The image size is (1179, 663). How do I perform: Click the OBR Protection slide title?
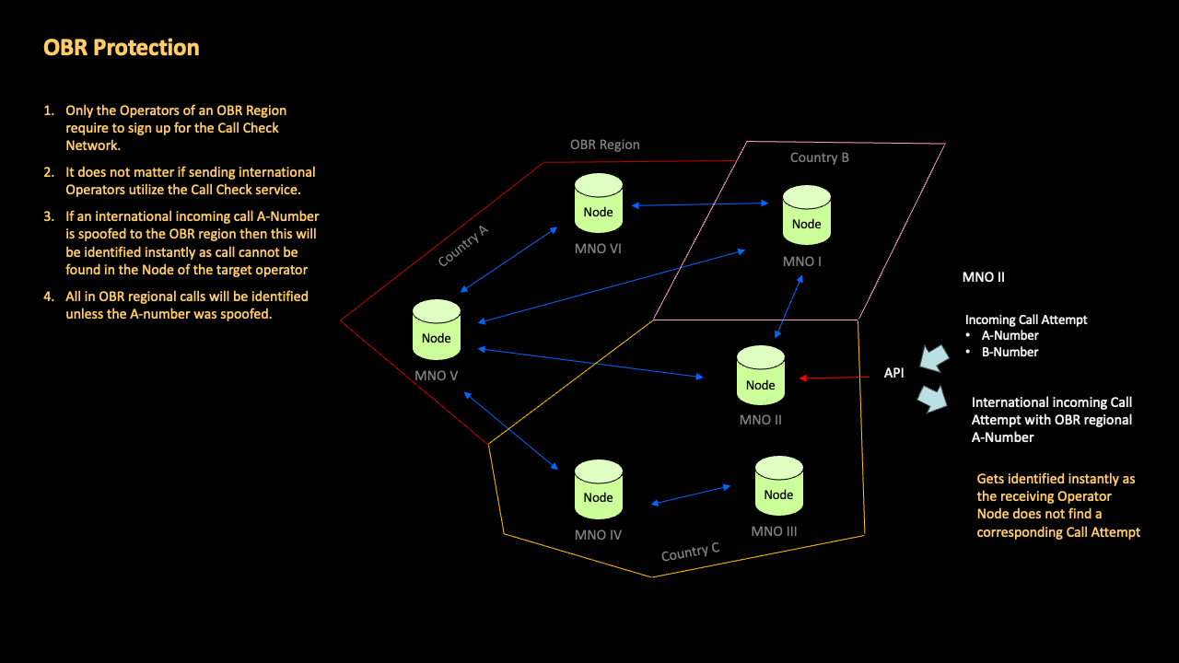pos(121,48)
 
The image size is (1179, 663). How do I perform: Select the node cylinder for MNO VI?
pos(598,204)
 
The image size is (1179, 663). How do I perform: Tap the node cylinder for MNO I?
pos(806,215)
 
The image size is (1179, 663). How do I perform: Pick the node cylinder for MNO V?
pos(436,330)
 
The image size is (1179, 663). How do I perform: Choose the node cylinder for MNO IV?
pos(598,490)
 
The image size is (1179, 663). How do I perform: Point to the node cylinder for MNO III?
pos(778,487)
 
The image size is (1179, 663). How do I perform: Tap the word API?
pos(893,374)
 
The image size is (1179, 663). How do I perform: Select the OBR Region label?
pos(604,145)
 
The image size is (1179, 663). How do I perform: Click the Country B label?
pos(819,157)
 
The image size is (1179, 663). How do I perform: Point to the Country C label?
pos(690,552)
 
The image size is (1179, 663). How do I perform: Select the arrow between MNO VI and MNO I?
pos(701,204)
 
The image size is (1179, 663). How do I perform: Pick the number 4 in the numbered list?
pos(49,297)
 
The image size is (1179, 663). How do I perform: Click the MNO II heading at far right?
pos(983,276)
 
